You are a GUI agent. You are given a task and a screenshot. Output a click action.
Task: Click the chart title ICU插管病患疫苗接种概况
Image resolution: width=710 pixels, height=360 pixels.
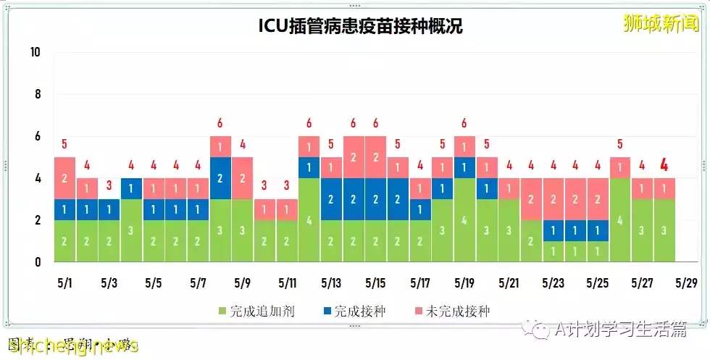tap(360, 26)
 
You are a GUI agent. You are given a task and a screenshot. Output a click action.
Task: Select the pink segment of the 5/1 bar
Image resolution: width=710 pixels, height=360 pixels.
tap(64, 178)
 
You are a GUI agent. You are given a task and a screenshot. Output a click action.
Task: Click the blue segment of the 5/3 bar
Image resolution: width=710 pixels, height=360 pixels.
tap(109, 209)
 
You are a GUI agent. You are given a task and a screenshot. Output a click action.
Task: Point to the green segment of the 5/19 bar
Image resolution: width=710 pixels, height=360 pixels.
tap(464, 220)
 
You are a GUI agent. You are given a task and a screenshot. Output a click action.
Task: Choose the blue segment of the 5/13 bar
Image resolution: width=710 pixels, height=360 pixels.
tap(331, 199)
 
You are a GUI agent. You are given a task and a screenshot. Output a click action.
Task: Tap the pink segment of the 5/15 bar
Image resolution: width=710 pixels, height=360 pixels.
tap(375, 157)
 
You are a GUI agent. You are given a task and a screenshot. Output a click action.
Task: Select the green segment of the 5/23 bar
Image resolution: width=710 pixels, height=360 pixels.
tap(553, 251)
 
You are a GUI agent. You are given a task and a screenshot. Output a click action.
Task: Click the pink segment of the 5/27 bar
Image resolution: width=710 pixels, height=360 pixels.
tap(642, 188)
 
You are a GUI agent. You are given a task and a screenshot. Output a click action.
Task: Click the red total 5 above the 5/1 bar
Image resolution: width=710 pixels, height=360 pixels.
tap(64, 144)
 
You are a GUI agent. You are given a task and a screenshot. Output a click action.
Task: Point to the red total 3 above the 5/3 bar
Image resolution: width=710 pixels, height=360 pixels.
tap(109, 186)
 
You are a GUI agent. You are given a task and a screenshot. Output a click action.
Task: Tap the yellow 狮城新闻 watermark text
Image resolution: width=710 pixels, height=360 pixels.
tap(661, 23)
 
